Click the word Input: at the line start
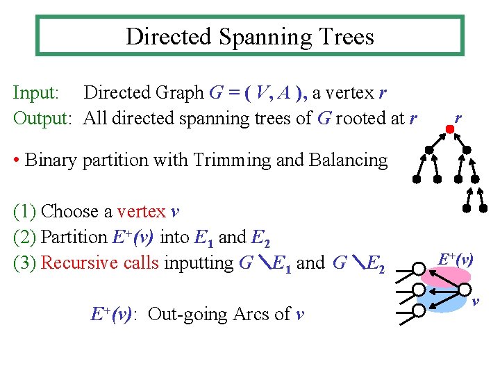pos(39,92)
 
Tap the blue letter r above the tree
pos(458,119)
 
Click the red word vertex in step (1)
pos(142,211)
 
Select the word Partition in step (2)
pos(74,237)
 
